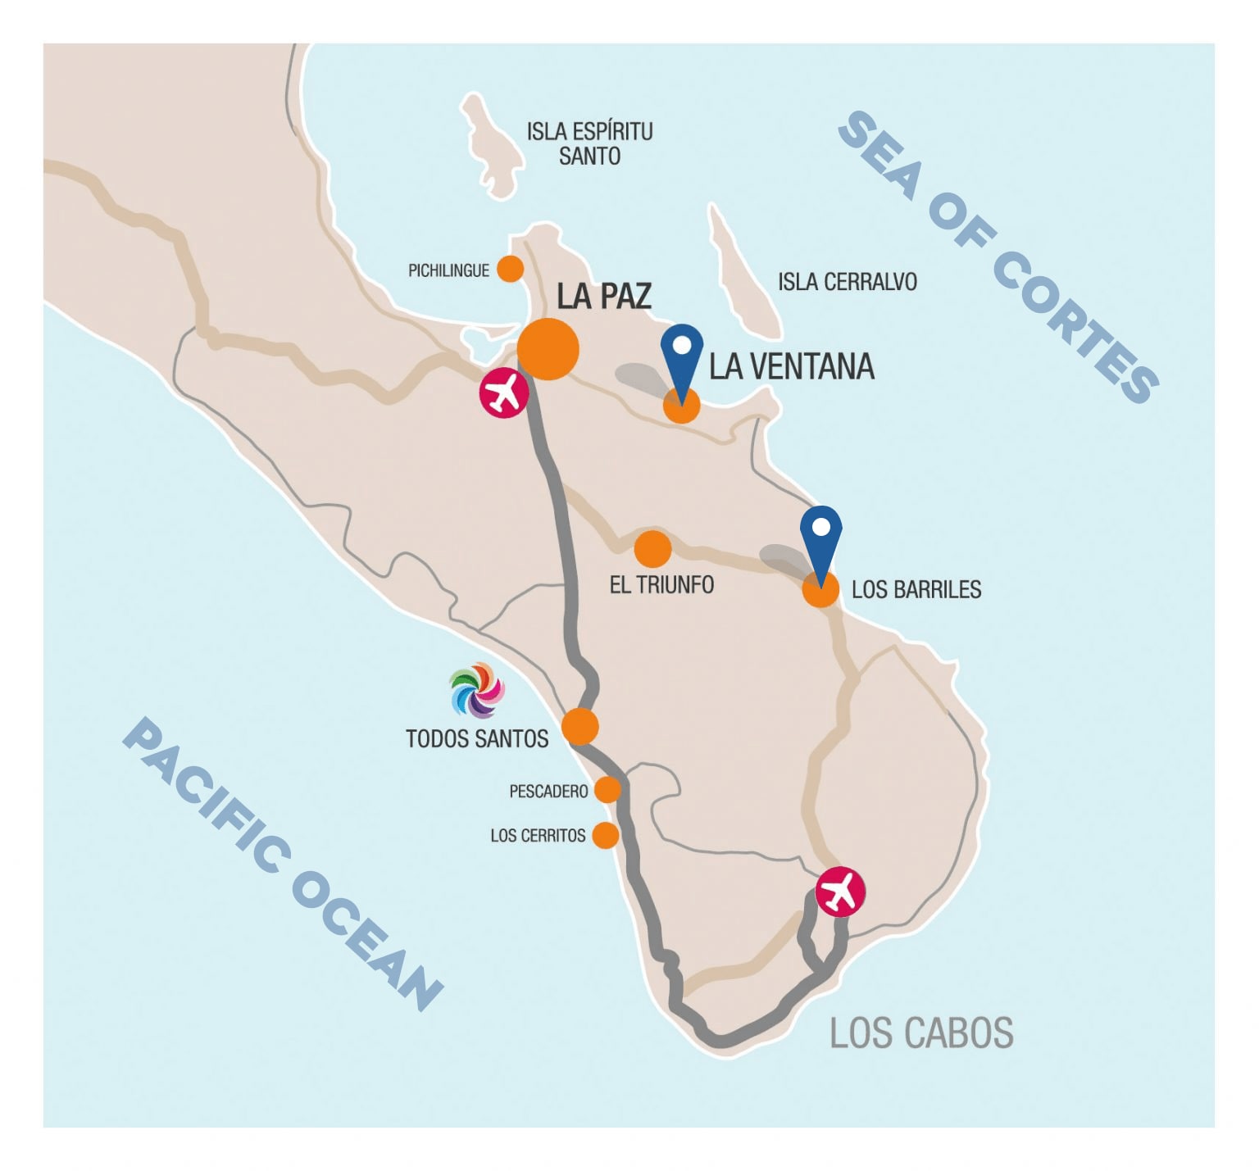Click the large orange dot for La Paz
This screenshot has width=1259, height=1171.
point(548,349)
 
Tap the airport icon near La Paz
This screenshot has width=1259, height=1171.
point(504,393)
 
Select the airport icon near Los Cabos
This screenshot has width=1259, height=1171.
point(840,892)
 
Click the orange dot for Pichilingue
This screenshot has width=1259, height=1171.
point(511,269)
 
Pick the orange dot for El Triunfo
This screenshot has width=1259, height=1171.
point(652,549)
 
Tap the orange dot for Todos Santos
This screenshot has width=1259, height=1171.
point(580,727)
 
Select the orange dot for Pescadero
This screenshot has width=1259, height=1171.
point(607,790)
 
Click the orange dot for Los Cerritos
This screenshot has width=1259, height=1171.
point(605,835)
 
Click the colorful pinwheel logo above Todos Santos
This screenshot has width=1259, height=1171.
point(476,690)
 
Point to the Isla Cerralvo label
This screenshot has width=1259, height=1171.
point(847,282)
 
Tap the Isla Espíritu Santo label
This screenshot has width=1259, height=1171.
point(589,143)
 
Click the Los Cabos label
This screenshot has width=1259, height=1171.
point(921,1033)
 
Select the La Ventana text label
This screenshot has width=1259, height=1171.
point(791,366)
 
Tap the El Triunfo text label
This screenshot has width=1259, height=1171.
point(661,584)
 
